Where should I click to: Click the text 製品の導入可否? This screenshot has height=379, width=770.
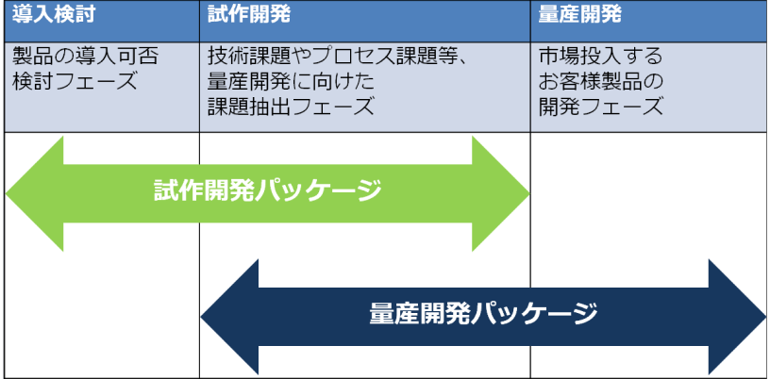[85, 57]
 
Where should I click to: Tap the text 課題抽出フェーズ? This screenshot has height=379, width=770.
[291, 106]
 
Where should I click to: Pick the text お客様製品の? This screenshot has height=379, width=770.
[601, 81]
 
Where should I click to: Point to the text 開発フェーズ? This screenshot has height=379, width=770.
[601, 106]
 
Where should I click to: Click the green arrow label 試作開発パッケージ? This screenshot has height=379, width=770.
[267, 191]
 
